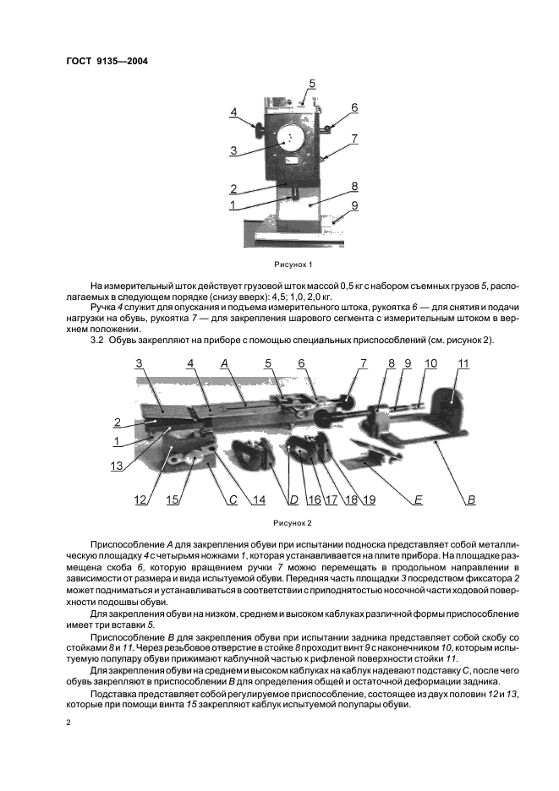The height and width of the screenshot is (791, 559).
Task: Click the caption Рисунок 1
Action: click(293, 265)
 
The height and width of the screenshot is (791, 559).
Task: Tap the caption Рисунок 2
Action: click(293, 522)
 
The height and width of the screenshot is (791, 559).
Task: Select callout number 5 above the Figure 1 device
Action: click(312, 84)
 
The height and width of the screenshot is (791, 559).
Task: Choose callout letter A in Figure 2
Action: click(225, 363)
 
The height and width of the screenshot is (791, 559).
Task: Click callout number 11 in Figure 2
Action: click(463, 363)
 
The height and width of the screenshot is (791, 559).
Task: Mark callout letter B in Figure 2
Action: click(471, 500)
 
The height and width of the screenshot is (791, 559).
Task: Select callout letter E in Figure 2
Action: click(417, 500)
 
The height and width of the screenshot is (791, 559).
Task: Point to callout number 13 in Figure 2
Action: click(117, 464)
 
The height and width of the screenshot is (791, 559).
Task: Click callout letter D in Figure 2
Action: click(293, 500)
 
